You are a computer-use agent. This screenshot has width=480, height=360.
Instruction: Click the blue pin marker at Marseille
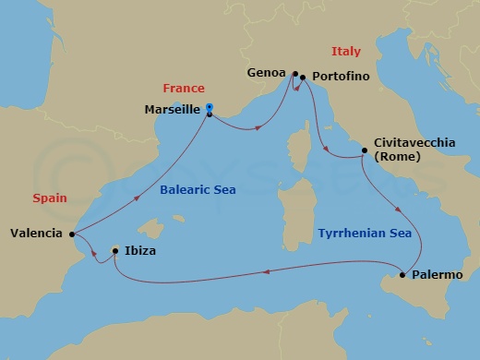point(210,108)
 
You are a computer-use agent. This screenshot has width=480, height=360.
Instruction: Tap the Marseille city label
point(174,109)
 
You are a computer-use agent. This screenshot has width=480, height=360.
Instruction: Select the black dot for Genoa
point(294,74)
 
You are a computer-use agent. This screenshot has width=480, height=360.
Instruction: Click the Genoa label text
point(267,72)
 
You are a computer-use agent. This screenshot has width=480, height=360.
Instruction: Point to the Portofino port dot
point(303,78)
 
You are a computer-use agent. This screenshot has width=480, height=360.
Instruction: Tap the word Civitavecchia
point(415,143)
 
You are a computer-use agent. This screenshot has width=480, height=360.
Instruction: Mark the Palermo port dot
point(402,275)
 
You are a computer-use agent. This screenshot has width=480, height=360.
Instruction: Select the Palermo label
point(438,275)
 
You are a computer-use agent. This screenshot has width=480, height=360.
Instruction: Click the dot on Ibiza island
point(114,250)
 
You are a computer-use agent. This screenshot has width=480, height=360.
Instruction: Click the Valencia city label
point(38,234)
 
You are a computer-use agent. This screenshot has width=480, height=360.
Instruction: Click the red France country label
point(183,89)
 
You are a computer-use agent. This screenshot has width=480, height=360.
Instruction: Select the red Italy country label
point(346,52)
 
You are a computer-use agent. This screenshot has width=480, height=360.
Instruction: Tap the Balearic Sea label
point(197,190)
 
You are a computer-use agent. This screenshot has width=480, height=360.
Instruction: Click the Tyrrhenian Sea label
point(366,234)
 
